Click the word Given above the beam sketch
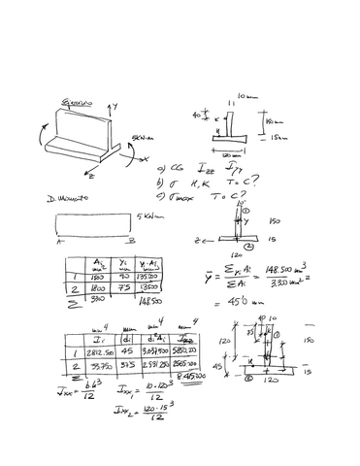(76, 100)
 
